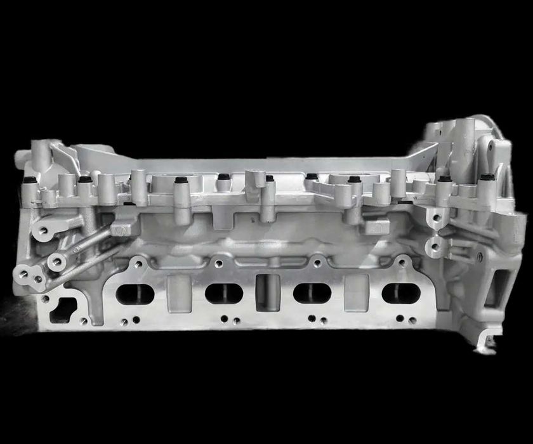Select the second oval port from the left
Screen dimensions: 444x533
coord(224,293)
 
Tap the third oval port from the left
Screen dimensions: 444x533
coord(312,293)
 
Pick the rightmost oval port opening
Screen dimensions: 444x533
coord(401,293)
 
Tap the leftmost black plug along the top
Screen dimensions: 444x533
coord(28,180)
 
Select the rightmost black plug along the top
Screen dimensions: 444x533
coord(487,177)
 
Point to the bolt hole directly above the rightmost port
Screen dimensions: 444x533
coord(401,261)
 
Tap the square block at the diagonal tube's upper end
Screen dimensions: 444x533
coord(121,226)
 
